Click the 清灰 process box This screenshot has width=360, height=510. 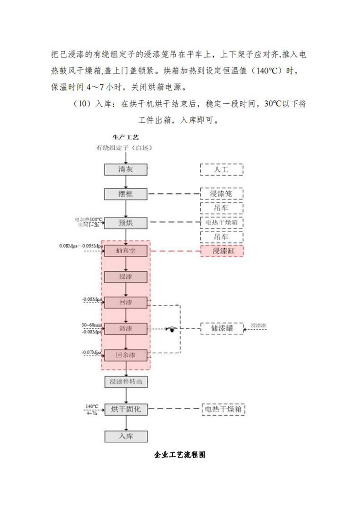coord(126,169)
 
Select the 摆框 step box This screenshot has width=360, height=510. coord(126,194)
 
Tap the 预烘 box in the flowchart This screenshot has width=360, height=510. coord(126,223)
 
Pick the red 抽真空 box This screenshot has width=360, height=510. coord(126,251)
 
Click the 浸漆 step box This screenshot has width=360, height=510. coord(126,277)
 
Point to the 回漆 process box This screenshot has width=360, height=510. coord(126,302)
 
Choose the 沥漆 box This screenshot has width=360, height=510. coord(126,328)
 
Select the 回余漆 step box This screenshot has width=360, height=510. coord(126,355)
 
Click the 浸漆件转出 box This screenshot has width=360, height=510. coord(126,382)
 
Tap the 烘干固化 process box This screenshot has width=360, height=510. coord(126,410)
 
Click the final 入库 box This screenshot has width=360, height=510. coord(126,436)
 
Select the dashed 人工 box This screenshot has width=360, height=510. coord(221,169)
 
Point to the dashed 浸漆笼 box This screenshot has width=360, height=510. coord(221,194)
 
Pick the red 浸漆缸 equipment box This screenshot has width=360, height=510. coord(221,251)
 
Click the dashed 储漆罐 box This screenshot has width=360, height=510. coord(221,328)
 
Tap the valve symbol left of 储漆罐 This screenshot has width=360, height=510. coord(171,329)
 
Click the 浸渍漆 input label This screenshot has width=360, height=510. coord(258,325)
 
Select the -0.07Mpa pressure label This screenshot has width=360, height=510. coord(91,352)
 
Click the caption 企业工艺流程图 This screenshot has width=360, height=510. coord(180,455)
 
